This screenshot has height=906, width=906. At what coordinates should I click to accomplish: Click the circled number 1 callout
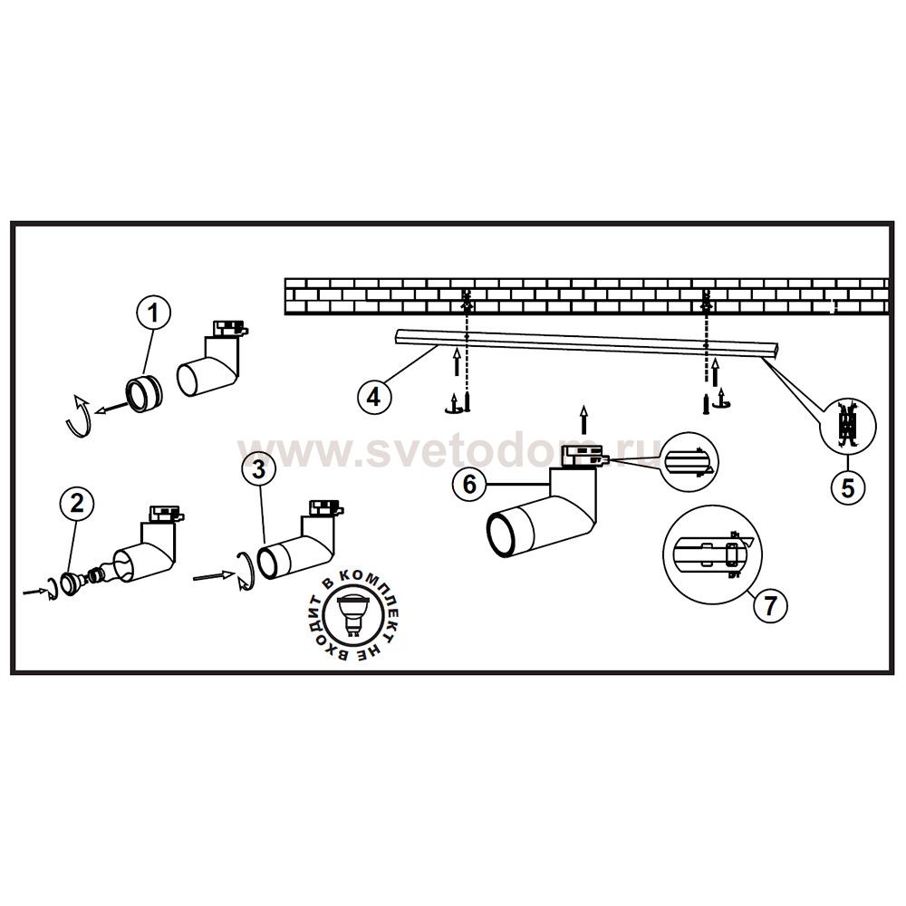point(153,313)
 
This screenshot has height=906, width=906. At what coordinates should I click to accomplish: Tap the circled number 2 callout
point(77,503)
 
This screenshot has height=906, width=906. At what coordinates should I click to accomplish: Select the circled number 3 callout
point(259,468)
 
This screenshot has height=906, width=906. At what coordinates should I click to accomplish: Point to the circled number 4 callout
point(374,398)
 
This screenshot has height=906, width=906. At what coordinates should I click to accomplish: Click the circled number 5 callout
point(848,488)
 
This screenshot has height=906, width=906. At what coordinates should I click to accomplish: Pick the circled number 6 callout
point(469,483)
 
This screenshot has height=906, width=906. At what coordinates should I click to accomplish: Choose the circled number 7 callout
point(770,605)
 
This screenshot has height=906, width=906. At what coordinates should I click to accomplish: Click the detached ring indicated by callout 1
point(145,394)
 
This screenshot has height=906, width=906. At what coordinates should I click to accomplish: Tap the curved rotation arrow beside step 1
point(79,416)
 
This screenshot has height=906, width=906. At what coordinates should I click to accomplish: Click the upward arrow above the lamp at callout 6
point(584,419)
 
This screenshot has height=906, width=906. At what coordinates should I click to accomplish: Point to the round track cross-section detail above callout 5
point(848,427)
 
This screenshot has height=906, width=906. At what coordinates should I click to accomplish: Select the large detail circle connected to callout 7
point(712,554)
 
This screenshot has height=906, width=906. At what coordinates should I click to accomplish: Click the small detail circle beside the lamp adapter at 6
point(688,462)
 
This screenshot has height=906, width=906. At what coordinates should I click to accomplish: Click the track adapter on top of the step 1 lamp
point(230,329)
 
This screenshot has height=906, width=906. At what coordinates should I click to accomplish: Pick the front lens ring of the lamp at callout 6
point(500,535)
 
